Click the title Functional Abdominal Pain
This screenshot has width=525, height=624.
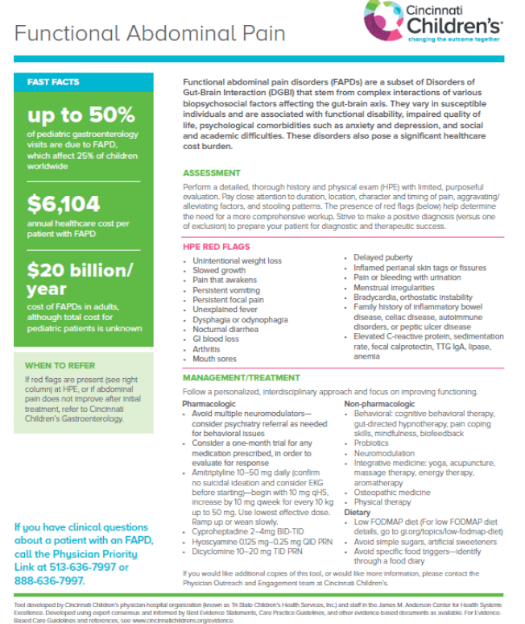(x=150, y=33)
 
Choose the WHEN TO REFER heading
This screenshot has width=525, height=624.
(x=61, y=365)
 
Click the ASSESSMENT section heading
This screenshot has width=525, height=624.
(x=211, y=173)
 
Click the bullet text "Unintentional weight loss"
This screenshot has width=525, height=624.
(x=237, y=261)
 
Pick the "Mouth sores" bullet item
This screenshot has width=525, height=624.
(x=213, y=359)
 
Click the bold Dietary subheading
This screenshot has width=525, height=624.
(x=358, y=512)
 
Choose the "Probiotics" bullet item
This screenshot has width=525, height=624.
(x=371, y=443)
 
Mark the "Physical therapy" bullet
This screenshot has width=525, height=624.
(x=382, y=502)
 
